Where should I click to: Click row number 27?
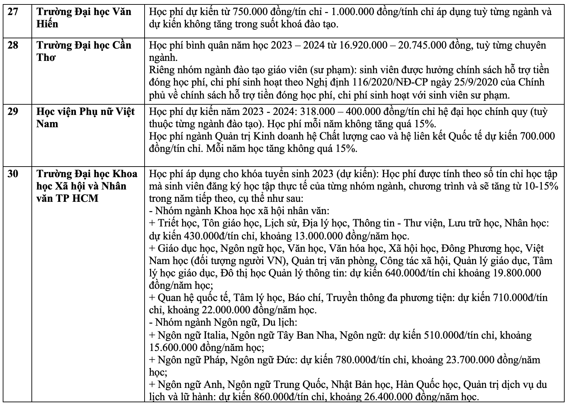tap(13, 12)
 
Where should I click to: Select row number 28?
tap(13, 45)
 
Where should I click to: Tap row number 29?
tap(13, 112)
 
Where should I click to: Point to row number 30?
tap(13, 174)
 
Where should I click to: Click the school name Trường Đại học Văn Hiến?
tap(84, 18)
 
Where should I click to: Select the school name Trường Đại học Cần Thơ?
tap(84, 51)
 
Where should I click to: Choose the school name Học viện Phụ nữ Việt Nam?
tap(85, 117)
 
